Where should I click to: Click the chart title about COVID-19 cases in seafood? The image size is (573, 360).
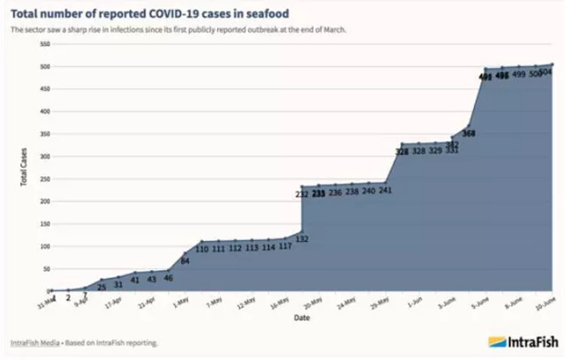(x=154, y=11)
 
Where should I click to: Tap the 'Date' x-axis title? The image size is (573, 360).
(x=302, y=317)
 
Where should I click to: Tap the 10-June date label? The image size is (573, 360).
(x=544, y=303)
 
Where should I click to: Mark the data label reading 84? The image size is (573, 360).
(x=185, y=260)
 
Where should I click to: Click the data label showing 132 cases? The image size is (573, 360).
(x=302, y=239)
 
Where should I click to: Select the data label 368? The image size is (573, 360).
(x=469, y=133)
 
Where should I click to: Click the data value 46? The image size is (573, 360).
(x=168, y=278)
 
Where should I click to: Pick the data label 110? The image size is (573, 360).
(x=202, y=249)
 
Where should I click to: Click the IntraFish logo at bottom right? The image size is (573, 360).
(x=522, y=341)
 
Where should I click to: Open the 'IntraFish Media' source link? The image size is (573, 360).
(x=35, y=342)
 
